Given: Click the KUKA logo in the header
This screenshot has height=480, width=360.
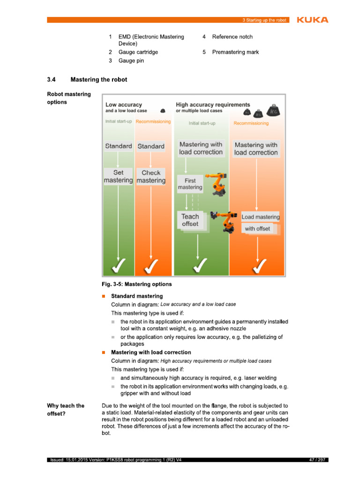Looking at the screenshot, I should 312,20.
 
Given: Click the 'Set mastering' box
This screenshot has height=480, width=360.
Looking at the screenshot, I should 118,177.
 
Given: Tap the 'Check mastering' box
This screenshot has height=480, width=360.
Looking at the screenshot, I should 151,177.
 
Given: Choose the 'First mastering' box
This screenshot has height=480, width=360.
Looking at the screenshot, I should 190,184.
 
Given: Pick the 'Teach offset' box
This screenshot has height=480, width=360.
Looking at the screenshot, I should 190,220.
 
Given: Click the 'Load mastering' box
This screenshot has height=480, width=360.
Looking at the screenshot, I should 260,217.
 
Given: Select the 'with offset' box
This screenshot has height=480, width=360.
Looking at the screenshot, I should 257,229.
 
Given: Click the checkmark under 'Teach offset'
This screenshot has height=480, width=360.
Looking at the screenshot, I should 197,267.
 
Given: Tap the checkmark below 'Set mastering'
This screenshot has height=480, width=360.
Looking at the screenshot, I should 118,267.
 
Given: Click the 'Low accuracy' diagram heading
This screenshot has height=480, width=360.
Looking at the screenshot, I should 124,105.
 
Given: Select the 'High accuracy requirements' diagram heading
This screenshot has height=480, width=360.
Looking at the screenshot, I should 213,105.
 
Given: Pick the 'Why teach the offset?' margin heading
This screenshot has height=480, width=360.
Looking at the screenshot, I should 66,410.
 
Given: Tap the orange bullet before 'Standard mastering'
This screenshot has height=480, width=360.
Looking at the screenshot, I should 104,296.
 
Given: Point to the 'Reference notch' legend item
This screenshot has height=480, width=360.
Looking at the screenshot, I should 232,37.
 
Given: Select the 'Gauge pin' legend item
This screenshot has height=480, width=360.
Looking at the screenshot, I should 131,61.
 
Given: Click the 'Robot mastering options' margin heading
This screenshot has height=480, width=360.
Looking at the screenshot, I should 69,98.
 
